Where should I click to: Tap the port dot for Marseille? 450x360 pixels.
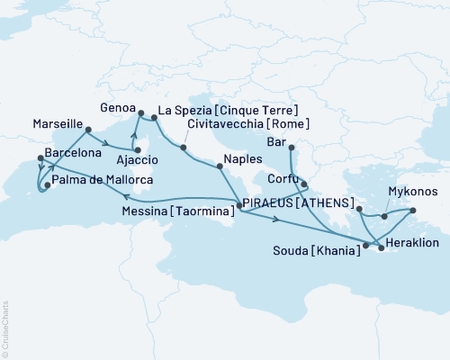click(88, 130)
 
